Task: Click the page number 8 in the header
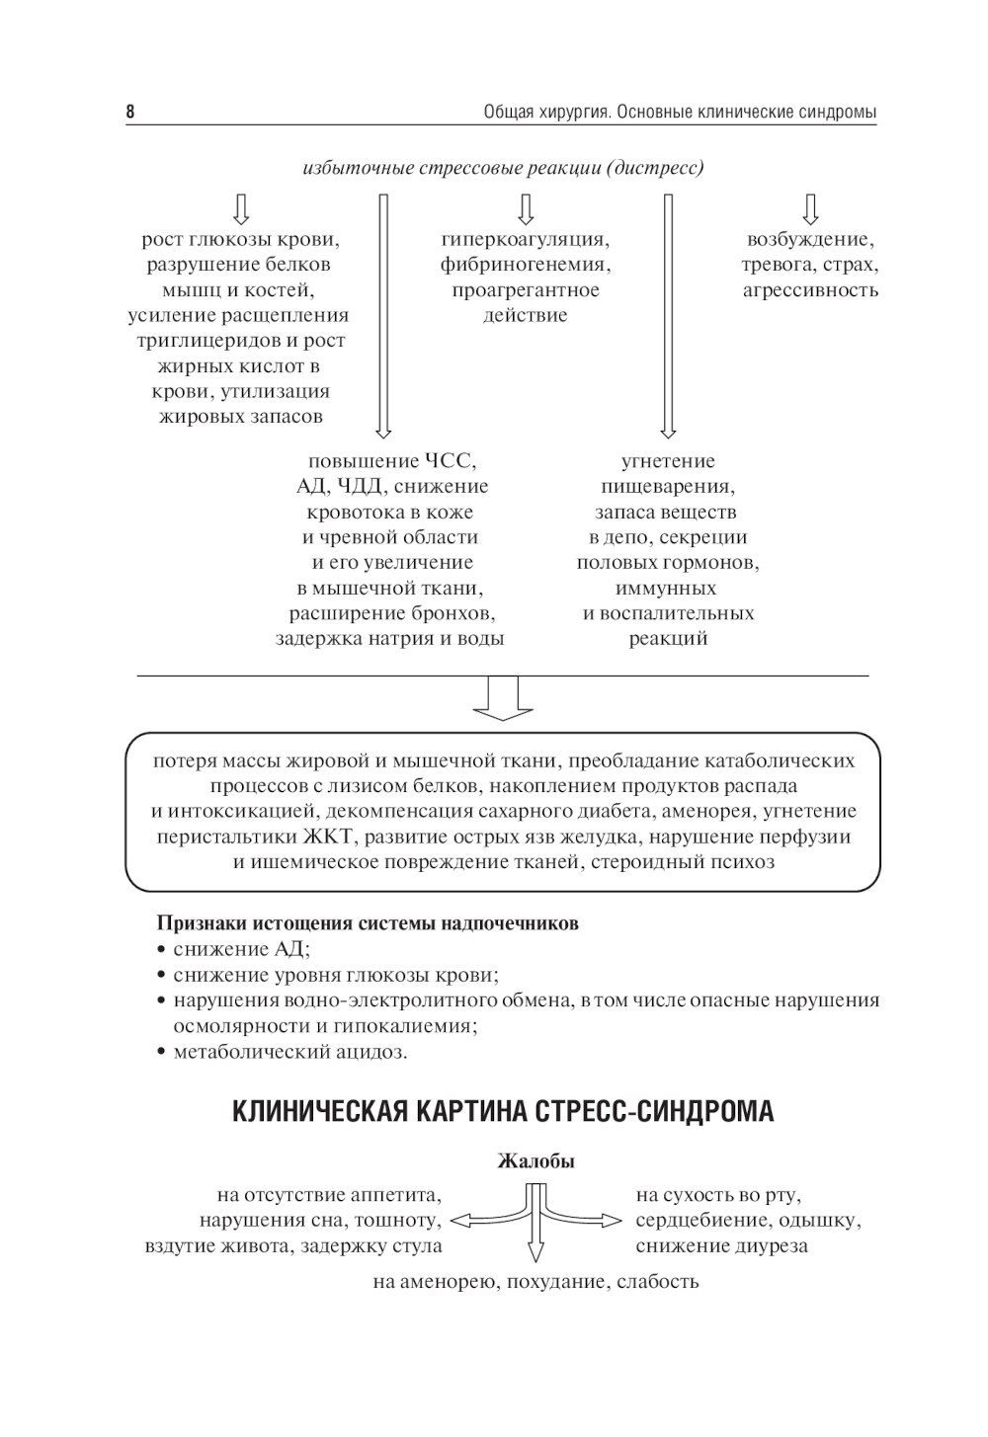[130, 112]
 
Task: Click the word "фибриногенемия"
[526, 265]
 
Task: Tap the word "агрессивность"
[810, 290]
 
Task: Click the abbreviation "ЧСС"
[450, 461]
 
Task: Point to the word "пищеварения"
[668, 487]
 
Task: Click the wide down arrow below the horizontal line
[503, 697]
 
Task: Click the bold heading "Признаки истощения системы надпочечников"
[368, 924]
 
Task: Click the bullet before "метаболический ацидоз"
[161, 1053]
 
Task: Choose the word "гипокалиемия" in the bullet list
[412, 1026]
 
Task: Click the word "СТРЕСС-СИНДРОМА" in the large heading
[656, 1112]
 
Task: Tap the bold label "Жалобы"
[535, 1161]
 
